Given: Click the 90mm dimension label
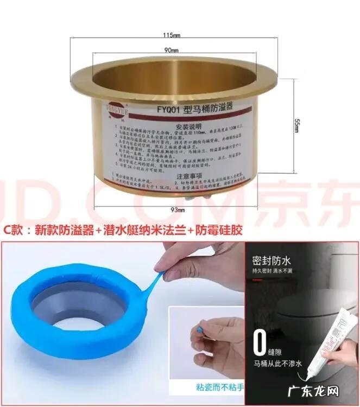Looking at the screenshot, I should pyautogui.click(x=172, y=50).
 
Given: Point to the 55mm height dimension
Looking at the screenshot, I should pyautogui.click(x=297, y=124).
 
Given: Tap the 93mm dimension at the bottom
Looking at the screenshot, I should pyautogui.click(x=176, y=209).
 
